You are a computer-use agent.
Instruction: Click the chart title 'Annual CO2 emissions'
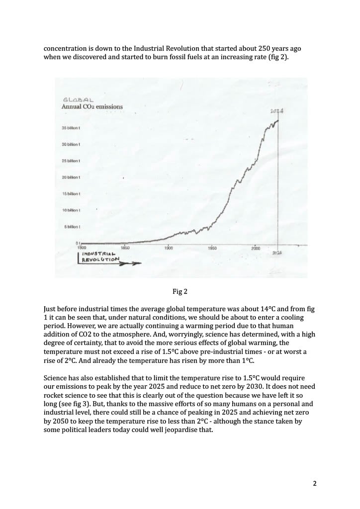[92, 106]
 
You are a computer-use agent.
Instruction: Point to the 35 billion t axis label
[71, 128]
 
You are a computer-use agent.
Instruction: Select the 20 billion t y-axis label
[71, 177]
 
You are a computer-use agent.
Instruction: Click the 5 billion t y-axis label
[73, 227]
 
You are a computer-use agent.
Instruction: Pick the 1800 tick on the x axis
[82, 247]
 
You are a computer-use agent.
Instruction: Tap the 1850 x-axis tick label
[125, 247]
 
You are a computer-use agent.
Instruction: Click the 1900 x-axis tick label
[169, 247]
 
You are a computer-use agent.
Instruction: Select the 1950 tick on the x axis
[212, 247]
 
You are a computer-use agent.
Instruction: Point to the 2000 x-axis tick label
[256, 248]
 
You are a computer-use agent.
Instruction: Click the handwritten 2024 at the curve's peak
[277, 111]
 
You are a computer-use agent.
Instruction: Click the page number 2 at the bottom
[314, 483]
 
